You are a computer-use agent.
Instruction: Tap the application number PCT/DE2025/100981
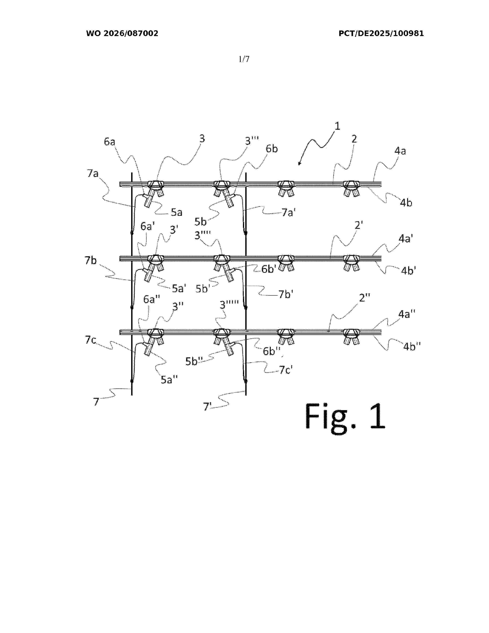click(x=381, y=34)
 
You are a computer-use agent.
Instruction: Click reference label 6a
click(x=109, y=142)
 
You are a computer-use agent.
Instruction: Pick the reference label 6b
click(x=272, y=149)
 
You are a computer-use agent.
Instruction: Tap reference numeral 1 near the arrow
click(x=337, y=126)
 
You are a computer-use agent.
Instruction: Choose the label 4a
click(x=400, y=151)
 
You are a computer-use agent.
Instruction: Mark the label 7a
click(x=93, y=173)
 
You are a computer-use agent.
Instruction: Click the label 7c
click(x=90, y=340)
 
